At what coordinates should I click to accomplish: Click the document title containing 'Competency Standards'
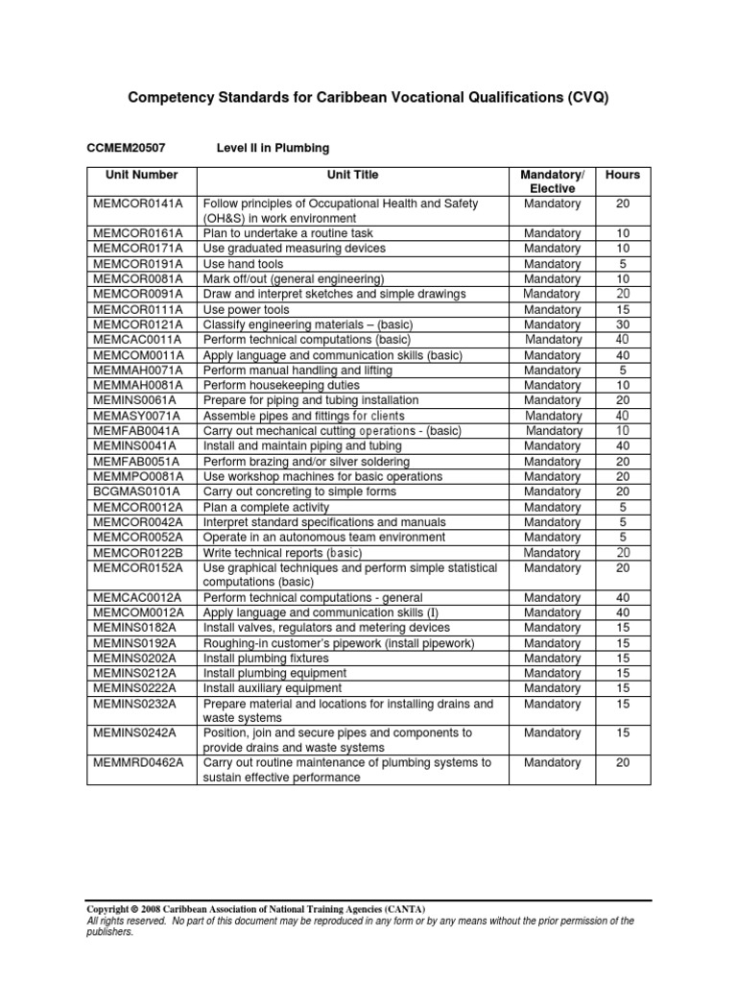pos(368,99)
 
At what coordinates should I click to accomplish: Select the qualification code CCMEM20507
pos(127,148)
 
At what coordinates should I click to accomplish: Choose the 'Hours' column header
pos(622,175)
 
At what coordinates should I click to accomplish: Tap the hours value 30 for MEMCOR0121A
pos(622,325)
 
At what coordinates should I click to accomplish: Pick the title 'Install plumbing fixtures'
pos(265,659)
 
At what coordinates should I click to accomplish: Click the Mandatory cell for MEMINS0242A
pos(552,732)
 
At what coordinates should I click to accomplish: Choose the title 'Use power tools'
pos(246,310)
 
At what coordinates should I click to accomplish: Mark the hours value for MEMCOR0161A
pos(622,233)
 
